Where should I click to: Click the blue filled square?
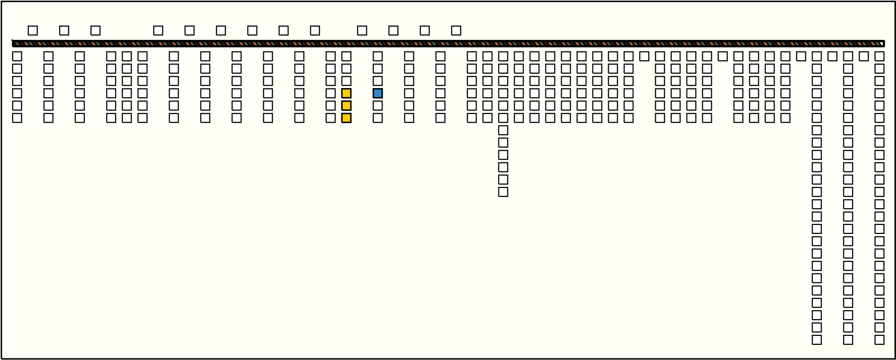click(x=377, y=93)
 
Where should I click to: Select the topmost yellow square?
click(x=346, y=93)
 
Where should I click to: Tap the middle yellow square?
click(x=346, y=106)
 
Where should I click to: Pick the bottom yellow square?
click(x=346, y=118)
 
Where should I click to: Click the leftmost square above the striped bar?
click(x=33, y=30)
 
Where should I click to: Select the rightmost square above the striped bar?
click(x=456, y=30)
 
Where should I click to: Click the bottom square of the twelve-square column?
click(x=503, y=192)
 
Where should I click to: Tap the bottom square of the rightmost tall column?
click(x=879, y=340)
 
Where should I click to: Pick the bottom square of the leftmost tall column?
click(x=817, y=340)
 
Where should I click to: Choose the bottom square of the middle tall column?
click(x=848, y=340)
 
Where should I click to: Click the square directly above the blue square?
click(x=377, y=81)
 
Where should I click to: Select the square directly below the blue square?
click(x=377, y=106)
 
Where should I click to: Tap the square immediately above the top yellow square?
click(x=346, y=81)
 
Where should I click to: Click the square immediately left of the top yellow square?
click(x=330, y=93)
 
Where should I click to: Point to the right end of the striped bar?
click(x=883, y=43)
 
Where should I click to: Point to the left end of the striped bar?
click(x=13, y=43)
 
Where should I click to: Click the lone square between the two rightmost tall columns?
click(x=864, y=56)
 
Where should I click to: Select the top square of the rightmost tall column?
click(x=879, y=56)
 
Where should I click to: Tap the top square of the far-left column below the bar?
click(x=17, y=56)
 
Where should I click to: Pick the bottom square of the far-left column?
click(x=17, y=118)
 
